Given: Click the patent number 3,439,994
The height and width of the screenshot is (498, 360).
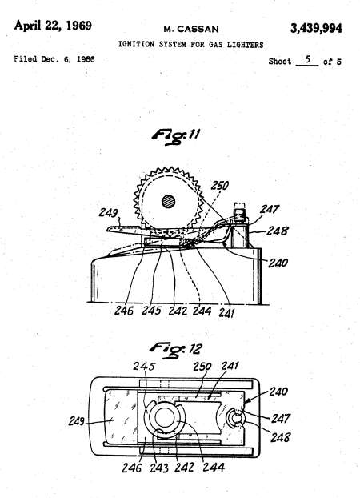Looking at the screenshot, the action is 316,28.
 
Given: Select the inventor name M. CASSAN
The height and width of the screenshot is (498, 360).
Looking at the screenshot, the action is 191,29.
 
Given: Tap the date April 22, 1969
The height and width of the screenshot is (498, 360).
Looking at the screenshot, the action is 53,26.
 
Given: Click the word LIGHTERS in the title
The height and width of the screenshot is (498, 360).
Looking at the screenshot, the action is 245,45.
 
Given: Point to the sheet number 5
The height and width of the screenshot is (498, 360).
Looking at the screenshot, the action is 308,59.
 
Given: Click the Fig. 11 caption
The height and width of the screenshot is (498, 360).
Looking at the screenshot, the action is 175,136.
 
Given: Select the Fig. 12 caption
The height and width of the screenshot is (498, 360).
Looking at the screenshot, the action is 175,350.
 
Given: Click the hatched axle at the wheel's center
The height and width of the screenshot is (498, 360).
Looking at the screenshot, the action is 169,201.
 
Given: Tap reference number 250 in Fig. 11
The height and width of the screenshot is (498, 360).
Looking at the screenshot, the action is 220,185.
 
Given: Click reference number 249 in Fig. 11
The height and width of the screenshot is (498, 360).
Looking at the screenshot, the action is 108,212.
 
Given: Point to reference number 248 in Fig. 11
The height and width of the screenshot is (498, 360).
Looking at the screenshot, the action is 277,231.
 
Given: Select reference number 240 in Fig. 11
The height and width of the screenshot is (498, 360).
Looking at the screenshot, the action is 278,263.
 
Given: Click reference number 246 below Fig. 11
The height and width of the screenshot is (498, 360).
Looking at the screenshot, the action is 124,311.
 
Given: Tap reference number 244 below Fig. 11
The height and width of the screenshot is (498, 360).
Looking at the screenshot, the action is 202,311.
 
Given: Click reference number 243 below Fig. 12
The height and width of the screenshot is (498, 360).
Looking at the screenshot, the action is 159,468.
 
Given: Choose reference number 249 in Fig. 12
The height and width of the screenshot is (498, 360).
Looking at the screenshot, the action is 77,421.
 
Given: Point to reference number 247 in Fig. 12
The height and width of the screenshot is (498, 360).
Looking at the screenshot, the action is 281,418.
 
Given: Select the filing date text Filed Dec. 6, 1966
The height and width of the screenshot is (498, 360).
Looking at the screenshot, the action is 54,59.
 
